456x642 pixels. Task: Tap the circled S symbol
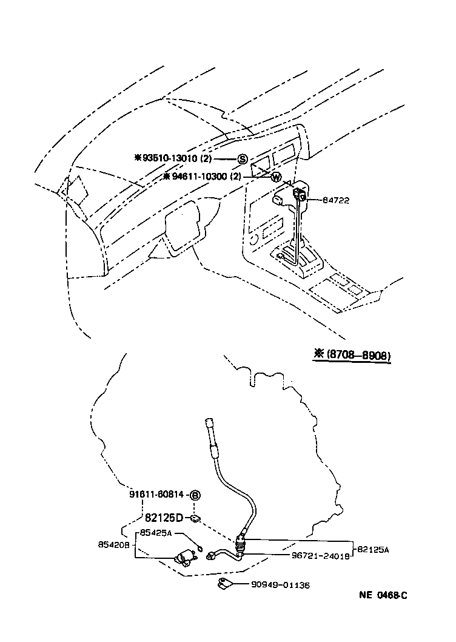pyautogui.click(x=242, y=159)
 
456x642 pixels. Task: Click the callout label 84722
pyautogui.click(x=335, y=200)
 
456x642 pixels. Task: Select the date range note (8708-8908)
pyautogui.click(x=351, y=356)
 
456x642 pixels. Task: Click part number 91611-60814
pyautogui.click(x=156, y=495)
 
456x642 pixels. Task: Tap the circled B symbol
pyautogui.click(x=195, y=495)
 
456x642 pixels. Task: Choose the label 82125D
pyautogui.click(x=164, y=518)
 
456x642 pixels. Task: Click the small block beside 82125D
pyautogui.click(x=195, y=518)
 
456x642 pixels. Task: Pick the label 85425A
pyautogui.click(x=156, y=533)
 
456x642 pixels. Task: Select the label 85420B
pyautogui.click(x=113, y=544)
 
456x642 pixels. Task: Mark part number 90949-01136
pyautogui.click(x=280, y=585)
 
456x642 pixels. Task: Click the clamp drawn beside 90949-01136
pyautogui.click(x=225, y=585)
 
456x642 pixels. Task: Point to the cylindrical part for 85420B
pyautogui.click(x=186, y=558)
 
